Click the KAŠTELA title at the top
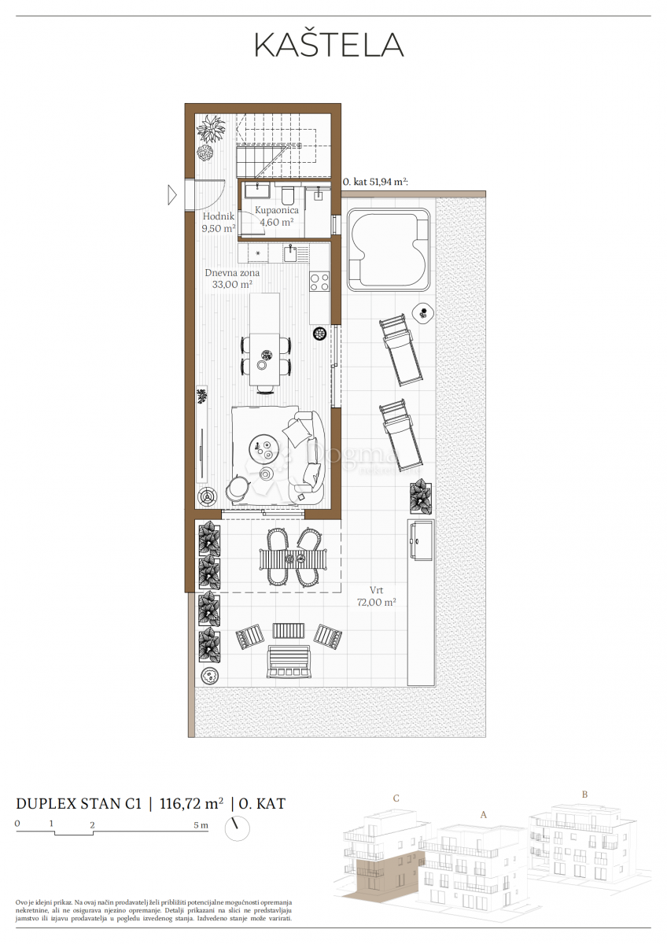[329, 45]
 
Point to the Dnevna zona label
[232, 278]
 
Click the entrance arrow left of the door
[172, 194]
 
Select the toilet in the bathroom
[287, 194]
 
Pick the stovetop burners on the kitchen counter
[319, 282]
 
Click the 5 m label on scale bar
[201, 825]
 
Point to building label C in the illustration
[396, 798]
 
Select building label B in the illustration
[584, 794]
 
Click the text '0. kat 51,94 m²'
[374, 181]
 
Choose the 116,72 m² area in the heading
[191, 803]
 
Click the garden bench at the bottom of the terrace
[289, 662]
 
